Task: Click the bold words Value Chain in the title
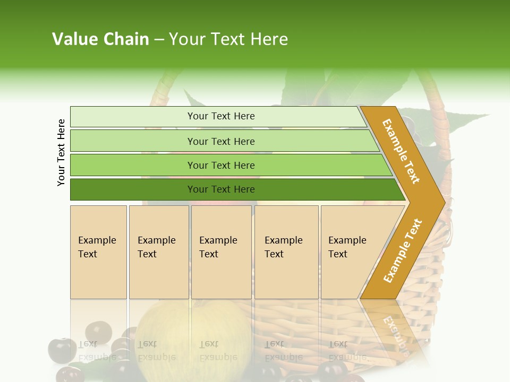pos(100,39)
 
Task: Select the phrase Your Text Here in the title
pos(228,39)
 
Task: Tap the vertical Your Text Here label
pos(61,152)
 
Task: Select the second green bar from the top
pos(220,141)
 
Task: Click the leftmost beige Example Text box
pos(98,251)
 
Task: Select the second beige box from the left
pos(158,251)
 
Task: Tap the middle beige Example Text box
pos(221,251)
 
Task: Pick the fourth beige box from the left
pos(286,251)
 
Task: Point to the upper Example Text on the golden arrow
pos(401,151)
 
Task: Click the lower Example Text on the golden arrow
pos(403,250)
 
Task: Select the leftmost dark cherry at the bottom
pos(62,350)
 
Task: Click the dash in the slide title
pos(159,40)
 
